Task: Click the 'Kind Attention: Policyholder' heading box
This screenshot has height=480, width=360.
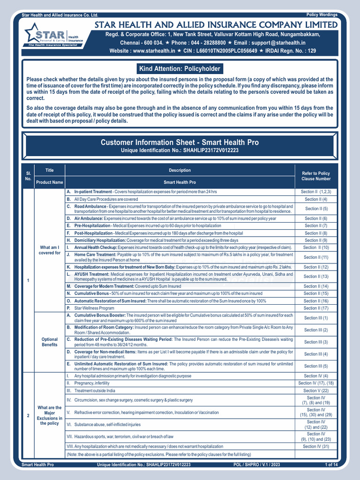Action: pos(180,69)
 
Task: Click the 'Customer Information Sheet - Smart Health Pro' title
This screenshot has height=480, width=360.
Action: pos(180,142)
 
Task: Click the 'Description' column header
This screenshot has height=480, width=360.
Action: pos(180,170)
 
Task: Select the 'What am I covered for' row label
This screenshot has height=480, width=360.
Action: pos(50,250)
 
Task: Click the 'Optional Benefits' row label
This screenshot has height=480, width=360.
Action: pos(50,342)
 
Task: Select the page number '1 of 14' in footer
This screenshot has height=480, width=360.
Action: pos(331,465)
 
